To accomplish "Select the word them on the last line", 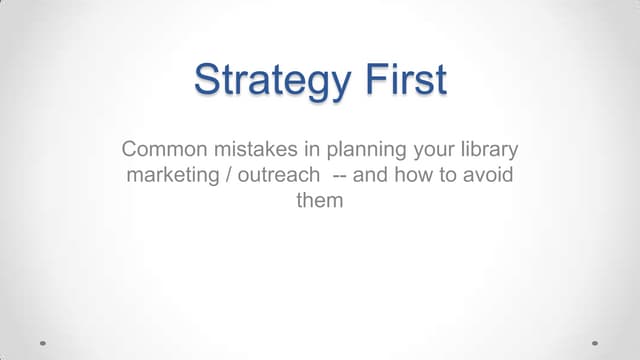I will point(320,200).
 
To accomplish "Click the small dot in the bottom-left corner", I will point(42,341).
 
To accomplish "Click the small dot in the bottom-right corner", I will point(595,341).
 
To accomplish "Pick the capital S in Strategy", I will point(208,79).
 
